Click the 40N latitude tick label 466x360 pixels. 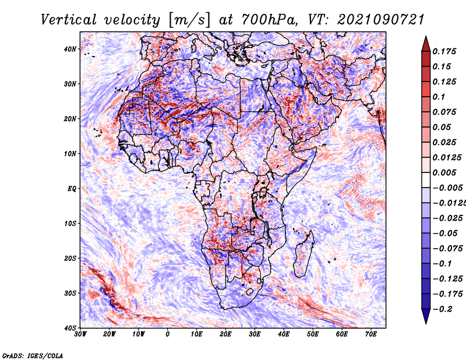click(70, 49)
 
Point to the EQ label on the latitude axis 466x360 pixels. click(72, 189)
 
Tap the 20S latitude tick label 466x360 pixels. click(70, 258)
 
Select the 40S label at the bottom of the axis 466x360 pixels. click(70, 328)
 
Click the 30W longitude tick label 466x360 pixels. click(80, 334)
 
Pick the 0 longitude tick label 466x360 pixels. click(167, 334)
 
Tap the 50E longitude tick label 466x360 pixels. click(313, 334)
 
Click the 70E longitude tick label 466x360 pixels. click(370, 334)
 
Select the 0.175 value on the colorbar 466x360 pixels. click(444, 51)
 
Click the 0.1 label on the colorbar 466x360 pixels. click(439, 97)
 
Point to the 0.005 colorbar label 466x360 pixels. click(444, 172)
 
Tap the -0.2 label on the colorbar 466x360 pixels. click(442, 309)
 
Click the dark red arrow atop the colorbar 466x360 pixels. click(426, 45)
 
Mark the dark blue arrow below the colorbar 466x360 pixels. click(426, 316)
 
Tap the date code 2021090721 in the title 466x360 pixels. click(381, 20)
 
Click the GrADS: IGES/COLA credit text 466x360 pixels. click(33, 356)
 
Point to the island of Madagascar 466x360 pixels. click(303, 254)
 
